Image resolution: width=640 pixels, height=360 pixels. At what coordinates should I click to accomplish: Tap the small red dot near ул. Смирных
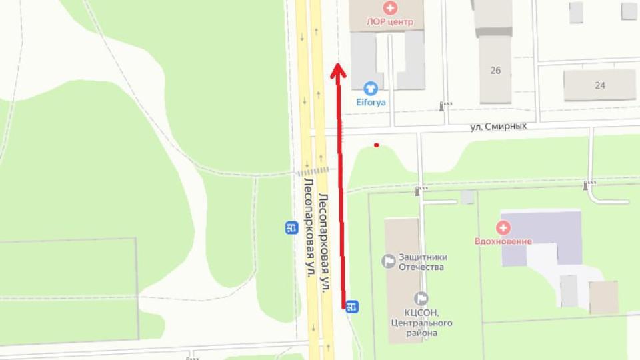(x=377, y=145)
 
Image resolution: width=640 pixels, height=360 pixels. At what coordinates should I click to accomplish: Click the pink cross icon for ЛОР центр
(x=389, y=9)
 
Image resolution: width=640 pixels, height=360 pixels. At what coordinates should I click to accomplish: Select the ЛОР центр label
(x=390, y=22)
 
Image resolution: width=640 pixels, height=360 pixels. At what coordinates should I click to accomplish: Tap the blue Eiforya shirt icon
(x=370, y=89)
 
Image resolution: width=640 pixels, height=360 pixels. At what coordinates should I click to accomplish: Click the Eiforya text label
(x=370, y=103)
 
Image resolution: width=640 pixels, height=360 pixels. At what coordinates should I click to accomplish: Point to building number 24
(x=600, y=85)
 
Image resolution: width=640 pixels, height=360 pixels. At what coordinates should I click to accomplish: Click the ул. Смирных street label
(x=499, y=125)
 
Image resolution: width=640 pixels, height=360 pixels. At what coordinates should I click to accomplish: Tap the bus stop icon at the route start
(x=353, y=307)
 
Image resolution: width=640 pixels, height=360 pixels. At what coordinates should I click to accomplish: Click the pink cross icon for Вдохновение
(x=504, y=228)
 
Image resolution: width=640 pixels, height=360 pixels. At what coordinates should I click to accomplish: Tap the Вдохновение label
(x=503, y=241)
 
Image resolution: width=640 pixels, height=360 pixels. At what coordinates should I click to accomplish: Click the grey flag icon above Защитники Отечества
(x=388, y=261)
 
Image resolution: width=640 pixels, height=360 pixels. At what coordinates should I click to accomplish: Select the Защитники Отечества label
(x=423, y=262)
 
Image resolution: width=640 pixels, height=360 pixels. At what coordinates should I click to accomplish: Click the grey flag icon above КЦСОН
(x=421, y=298)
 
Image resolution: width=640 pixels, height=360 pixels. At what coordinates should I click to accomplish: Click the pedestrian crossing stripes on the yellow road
(x=314, y=171)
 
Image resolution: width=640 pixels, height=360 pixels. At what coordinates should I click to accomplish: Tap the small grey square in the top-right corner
(x=629, y=11)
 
